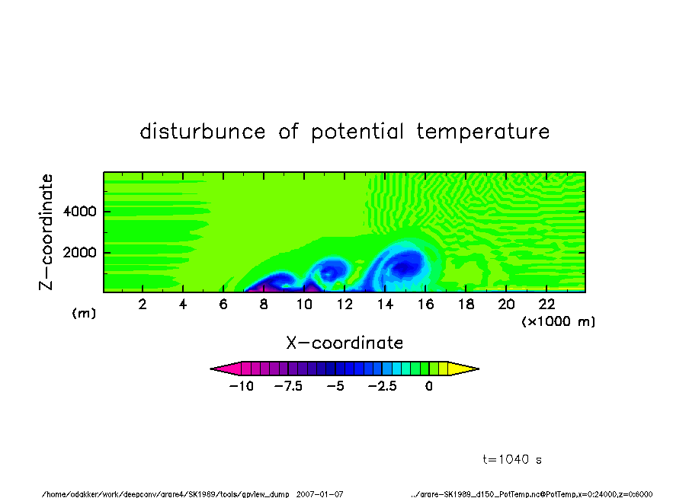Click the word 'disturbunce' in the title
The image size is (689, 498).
(x=203, y=131)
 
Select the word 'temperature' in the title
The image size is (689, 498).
(x=483, y=131)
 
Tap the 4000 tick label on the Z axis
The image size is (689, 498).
(x=79, y=212)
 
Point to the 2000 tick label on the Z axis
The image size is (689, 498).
(x=79, y=253)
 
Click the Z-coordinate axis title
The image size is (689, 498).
(x=46, y=232)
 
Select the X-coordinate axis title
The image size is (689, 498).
(x=344, y=343)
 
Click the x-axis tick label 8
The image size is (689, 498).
(x=264, y=305)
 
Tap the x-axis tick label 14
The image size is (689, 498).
(x=385, y=305)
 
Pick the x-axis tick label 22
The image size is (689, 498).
(x=546, y=305)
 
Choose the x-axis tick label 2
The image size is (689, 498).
(x=143, y=305)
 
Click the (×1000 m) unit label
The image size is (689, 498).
(x=558, y=321)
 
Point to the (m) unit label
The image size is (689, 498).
(x=84, y=313)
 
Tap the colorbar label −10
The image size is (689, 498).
(x=242, y=386)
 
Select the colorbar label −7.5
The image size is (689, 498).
(x=288, y=386)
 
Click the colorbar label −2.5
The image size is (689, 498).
(x=383, y=386)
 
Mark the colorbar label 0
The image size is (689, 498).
(x=429, y=386)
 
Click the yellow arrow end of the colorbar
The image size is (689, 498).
(x=463, y=369)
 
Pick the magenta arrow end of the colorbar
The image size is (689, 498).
(x=226, y=369)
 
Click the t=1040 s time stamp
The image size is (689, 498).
(x=512, y=459)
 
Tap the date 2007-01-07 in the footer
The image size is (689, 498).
(x=319, y=494)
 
